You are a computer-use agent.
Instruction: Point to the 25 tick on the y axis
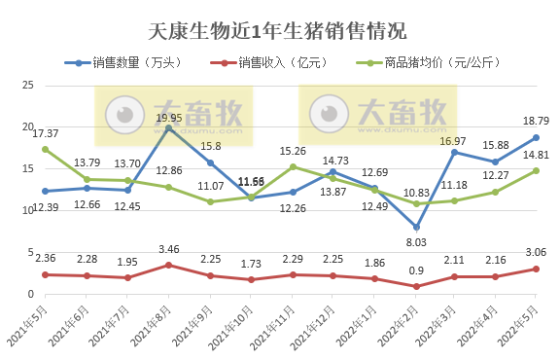pyautogui.click(x=27, y=87)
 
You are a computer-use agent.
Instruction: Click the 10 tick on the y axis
pyautogui.click(x=27, y=210)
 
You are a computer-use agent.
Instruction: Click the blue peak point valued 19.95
pyautogui.click(x=169, y=128)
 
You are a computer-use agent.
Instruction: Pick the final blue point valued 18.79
pyautogui.click(x=536, y=138)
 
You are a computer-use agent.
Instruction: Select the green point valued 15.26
pyautogui.click(x=292, y=166)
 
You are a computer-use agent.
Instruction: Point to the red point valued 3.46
pyautogui.click(x=169, y=265)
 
